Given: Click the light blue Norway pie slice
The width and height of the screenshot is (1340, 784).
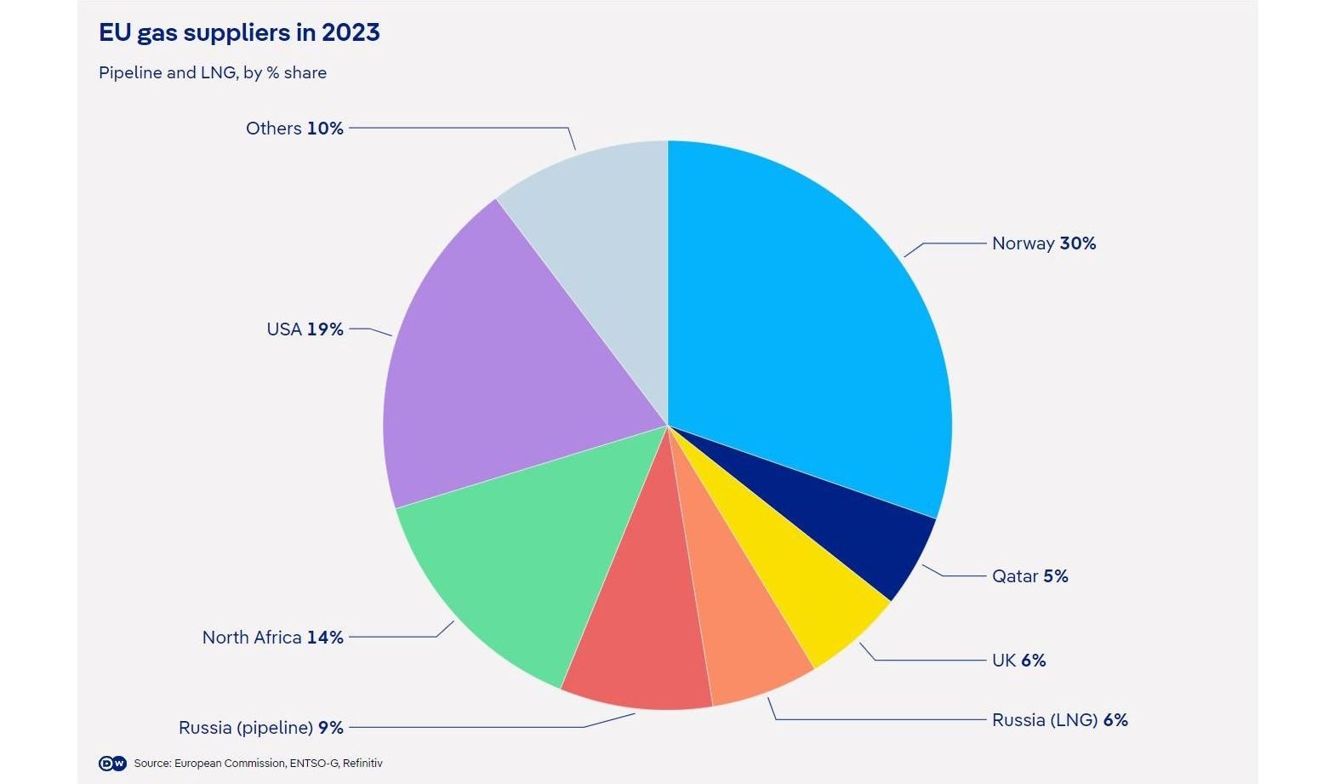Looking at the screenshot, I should click(808, 323).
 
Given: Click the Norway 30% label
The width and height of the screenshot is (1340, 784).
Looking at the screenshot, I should click(1043, 243).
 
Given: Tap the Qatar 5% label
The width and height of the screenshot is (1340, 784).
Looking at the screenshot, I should click(1029, 576).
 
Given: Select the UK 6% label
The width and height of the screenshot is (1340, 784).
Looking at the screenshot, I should click(1018, 661).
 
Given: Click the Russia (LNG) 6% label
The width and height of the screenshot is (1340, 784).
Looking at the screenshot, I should click(1059, 720).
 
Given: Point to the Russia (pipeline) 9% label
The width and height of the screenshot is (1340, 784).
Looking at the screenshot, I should click(261, 728).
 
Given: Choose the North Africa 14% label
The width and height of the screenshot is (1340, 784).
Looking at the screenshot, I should click(272, 638).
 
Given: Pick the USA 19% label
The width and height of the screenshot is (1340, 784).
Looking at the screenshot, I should click(305, 329).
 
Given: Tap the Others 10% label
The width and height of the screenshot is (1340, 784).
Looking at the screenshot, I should click(294, 129).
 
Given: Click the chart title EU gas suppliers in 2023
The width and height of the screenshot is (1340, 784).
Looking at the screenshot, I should click(239, 33).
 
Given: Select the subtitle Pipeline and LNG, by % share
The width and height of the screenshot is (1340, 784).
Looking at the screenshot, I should click(213, 73).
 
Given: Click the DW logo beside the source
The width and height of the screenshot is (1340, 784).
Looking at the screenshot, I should click(112, 764).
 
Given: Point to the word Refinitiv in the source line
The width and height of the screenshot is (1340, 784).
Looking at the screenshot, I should click(362, 764).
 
